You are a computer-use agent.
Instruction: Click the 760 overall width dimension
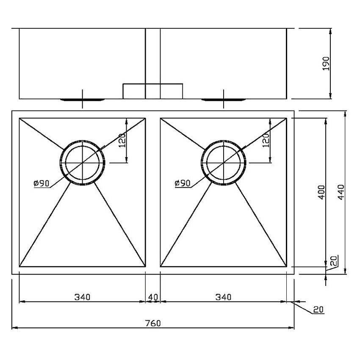tap(153, 323)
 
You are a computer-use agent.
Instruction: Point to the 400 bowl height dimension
tap(321, 193)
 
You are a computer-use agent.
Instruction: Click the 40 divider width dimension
tap(153, 297)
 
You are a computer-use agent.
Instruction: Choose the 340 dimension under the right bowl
tap(223, 297)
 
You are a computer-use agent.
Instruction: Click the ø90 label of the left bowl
tap(42, 183)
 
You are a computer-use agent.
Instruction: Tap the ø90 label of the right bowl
tap(183, 183)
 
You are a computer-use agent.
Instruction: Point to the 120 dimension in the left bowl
tap(122, 140)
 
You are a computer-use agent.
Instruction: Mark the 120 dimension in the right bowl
tap(266, 140)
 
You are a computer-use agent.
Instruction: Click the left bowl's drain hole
tap(83, 163)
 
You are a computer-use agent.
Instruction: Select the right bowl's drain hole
tap(224, 163)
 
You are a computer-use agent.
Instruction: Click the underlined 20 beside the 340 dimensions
tap(318, 310)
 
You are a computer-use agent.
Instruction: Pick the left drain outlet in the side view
tap(82, 100)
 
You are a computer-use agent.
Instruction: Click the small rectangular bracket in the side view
tap(152, 91)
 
